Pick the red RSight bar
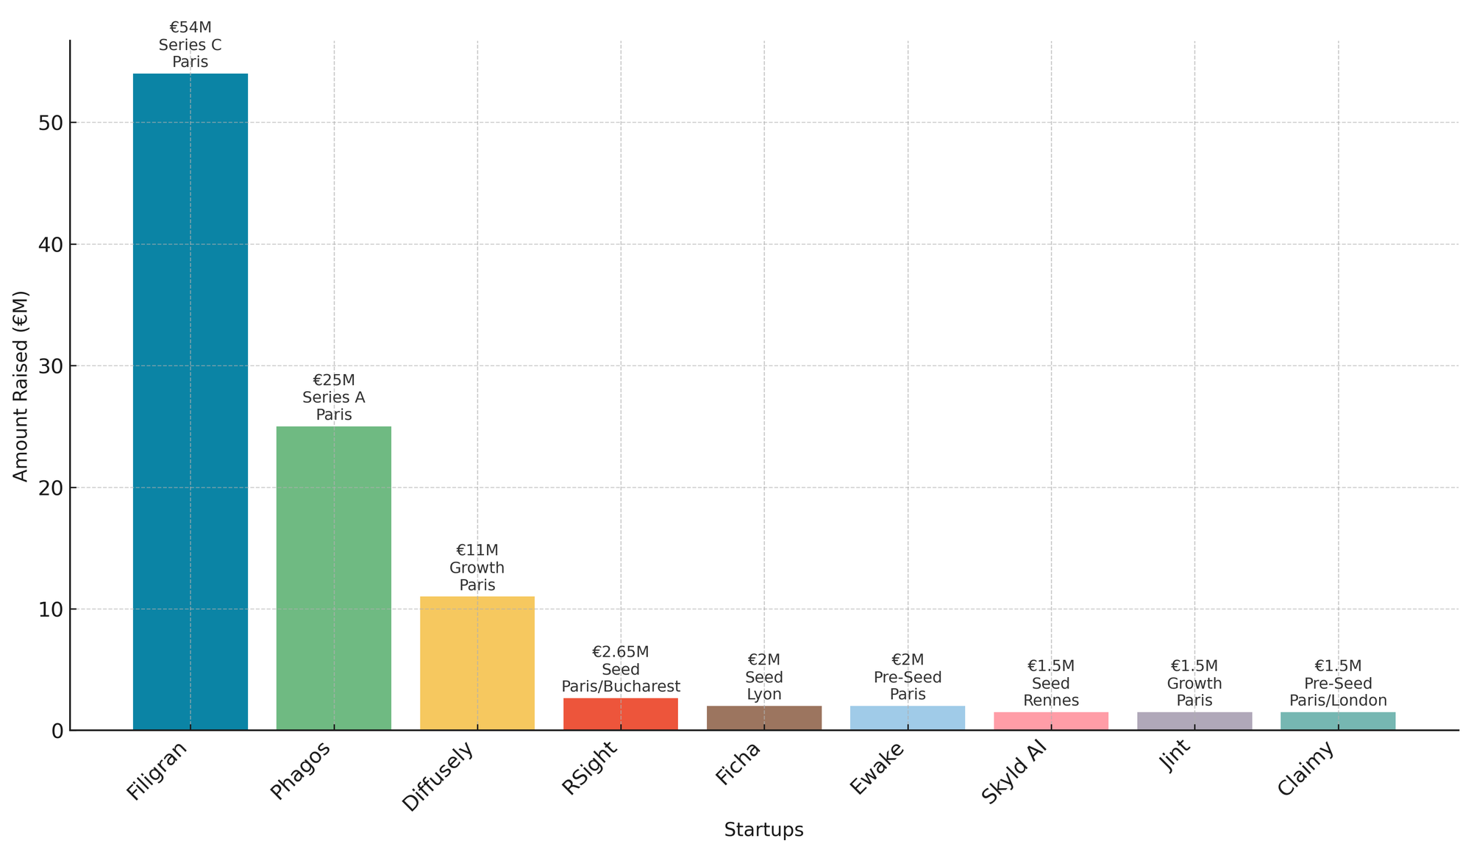(x=620, y=714)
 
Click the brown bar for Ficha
(x=763, y=718)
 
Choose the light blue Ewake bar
(x=907, y=718)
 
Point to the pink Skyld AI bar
(x=1050, y=721)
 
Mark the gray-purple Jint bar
(x=1194, y=721)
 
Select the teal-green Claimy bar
(x=1337, y=721)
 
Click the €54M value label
(x=190, y=28)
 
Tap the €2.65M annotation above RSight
(x=620, y=652)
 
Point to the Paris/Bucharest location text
(x=620, y=687)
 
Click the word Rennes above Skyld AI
(x=1050, y=701)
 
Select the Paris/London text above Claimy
(x=1337, y=701)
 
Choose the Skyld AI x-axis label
(x=1014, y=774)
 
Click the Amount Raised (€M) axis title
(x=21, y=386)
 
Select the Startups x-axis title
(x=763, y=830)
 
